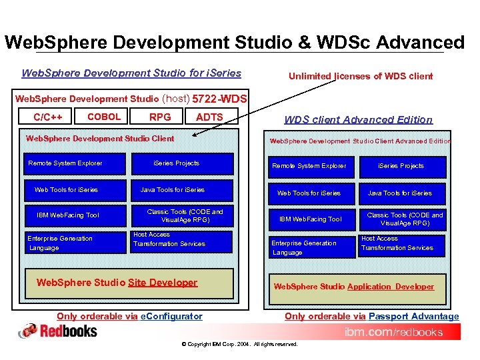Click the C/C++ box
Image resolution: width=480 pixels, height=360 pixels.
click(48, 117)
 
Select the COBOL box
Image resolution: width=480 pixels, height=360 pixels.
click(105, 117)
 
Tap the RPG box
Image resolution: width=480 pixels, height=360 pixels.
click(160, 117)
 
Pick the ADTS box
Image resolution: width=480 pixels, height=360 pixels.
click(210, 117)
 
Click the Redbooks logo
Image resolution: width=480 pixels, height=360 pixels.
click(58, 331)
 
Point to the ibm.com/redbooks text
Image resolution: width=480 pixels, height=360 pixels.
click(393, 332)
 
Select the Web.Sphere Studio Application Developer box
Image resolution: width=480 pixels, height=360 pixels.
click(354, 287)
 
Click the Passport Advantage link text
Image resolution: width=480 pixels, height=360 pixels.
click(413, 316)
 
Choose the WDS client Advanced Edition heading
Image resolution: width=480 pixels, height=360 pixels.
click(358, 120)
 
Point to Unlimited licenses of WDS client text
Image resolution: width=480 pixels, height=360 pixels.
click(361, 76)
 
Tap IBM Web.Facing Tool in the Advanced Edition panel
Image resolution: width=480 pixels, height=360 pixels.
click(310, 219)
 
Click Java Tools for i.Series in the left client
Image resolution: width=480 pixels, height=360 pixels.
click(173, 190)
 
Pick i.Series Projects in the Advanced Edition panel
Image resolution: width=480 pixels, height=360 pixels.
click(401, 166)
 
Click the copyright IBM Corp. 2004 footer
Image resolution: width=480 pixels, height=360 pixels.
click(239, 345)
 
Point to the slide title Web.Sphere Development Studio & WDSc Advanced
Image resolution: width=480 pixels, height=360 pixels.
click(234, 43)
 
